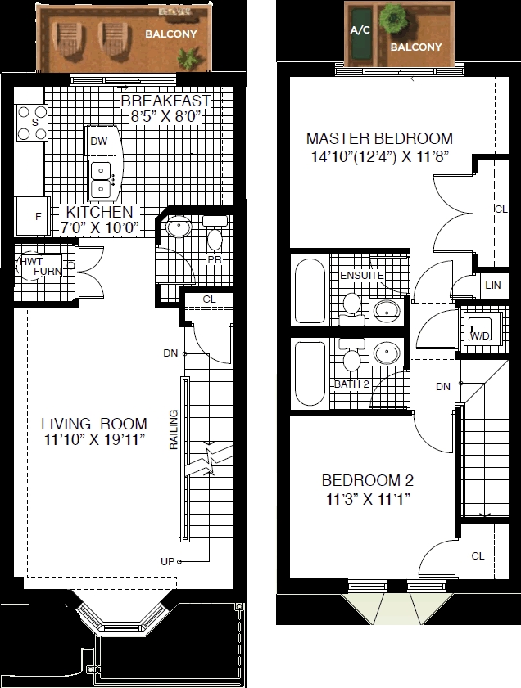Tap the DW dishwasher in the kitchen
(x=102, y=142)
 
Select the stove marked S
(x=32, y=123)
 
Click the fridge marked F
(x=34, y=216)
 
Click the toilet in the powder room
(x=215, y=235)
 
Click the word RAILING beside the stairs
(x=174, y=429)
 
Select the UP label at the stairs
(x=167, y=562)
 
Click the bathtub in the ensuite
(x=310, y=291)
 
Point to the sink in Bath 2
(x=387, y=353)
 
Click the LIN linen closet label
(x=493, y=286)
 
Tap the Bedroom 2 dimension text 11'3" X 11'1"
(x=368, y=499)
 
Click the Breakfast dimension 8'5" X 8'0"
(x=167, y=117)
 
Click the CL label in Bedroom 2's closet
(x=478, y=556)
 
